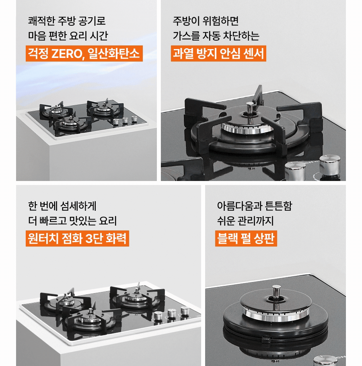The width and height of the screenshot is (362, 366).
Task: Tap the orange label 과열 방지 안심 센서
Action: (x=218, y=54)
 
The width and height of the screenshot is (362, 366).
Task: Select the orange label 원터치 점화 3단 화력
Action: (x=77, y=239)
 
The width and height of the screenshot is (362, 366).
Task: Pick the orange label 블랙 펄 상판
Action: (x=246, y=239)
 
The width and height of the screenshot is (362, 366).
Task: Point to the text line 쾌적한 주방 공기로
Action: (x=67, y=20)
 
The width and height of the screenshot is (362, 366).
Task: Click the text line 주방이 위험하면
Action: (x=206, y=20)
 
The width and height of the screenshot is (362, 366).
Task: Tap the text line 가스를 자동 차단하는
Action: (x=216, y=36)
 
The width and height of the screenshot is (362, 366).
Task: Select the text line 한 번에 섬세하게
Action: (x=62, y=205)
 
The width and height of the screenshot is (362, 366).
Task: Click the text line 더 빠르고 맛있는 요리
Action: (x=72, y=221)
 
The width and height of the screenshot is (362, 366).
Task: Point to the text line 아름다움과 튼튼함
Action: (x=254, y=206)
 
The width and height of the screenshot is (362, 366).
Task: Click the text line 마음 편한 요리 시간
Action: (x=68, y=36)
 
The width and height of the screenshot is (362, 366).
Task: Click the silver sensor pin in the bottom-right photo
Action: (x=276, y=292)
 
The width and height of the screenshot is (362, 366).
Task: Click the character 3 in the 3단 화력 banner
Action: (x=89, y=239)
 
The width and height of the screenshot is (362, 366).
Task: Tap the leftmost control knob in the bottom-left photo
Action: (x=158, y=317)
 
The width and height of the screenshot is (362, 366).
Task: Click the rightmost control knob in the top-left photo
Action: (x=134, y=119)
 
